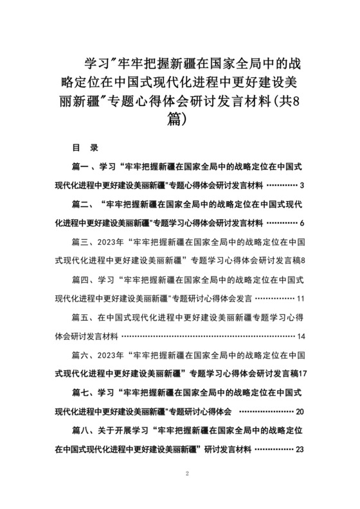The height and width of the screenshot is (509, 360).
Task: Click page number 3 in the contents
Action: point(301,185)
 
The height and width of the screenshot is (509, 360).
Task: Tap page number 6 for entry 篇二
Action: point(301,222)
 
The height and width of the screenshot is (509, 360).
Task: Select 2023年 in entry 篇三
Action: point(112,242)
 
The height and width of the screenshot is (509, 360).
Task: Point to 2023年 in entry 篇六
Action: point(112,355)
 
